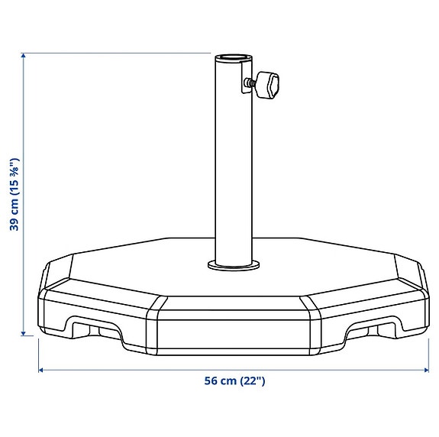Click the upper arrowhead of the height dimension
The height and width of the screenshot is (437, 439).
click(24, 57)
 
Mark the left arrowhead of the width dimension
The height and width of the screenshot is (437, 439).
click(42, 370)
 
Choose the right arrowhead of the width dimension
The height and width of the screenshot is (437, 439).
click(424, 370)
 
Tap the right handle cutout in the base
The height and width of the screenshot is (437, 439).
click(370, 329)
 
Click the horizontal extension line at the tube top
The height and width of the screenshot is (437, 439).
click(115, 53)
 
